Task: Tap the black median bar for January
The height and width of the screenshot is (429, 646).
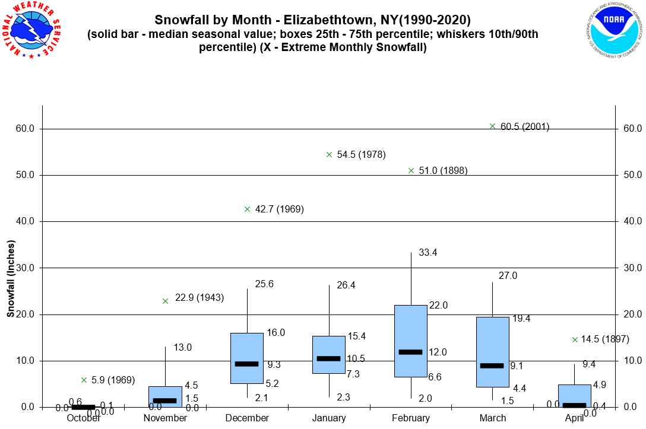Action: tap(329, 358)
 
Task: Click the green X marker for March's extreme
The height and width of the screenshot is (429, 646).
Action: tap(492, 126)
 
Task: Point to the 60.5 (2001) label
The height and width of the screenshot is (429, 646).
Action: tap(525, 126)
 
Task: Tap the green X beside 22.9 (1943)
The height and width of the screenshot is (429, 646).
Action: tap(165, 301)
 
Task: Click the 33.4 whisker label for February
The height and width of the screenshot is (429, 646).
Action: tap(428, 253)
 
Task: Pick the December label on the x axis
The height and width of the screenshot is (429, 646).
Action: tap(247, 418)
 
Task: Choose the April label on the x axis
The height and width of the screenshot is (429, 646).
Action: tap(574, 418)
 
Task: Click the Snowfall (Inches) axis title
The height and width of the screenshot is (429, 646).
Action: tap(11, 278)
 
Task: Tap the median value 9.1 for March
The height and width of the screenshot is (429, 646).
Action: tap(517, 366)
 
